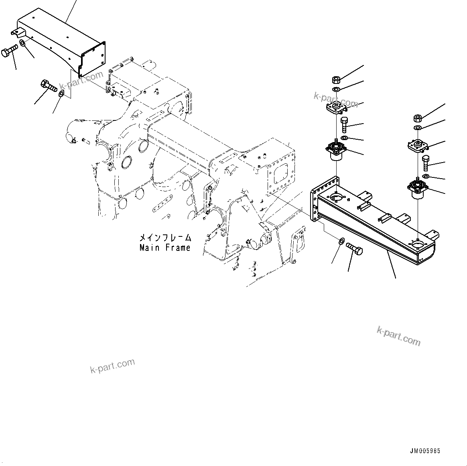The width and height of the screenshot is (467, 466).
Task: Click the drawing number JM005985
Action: click(425, 451)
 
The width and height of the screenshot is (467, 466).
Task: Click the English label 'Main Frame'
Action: click(165, 248)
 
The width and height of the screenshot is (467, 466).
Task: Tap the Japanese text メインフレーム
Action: click(165, 238)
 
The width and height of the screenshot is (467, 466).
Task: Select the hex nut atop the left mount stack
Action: click(337, 79)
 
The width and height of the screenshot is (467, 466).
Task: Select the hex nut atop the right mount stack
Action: click(417, 118)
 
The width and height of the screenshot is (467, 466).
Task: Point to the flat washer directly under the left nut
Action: click(337, 89)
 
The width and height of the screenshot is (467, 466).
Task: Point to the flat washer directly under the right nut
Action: click(417, 128)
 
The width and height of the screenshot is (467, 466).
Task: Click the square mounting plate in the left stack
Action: click(335, 108)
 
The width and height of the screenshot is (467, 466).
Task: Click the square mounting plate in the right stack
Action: click(416, 146)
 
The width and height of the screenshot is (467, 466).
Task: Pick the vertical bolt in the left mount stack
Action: click(344, 125)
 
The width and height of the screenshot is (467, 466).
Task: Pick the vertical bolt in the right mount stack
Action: click(426, 163)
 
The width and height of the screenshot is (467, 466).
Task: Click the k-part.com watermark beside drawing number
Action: click(399, 336)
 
